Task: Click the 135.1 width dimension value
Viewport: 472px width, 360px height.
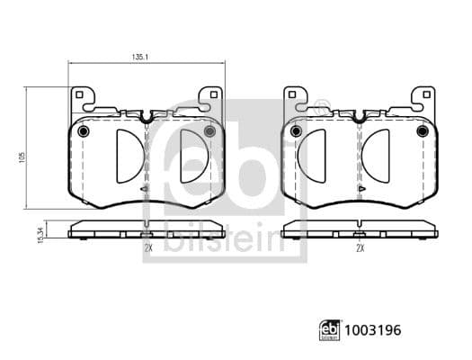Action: click(139, 56)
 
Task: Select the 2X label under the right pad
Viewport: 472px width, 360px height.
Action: click(360, 247)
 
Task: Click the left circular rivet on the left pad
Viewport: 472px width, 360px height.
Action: click(85, 132)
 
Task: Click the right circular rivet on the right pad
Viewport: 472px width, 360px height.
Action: click(422, 132)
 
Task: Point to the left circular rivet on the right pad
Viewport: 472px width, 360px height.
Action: click(297, 132)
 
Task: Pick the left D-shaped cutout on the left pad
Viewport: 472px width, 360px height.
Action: click(127, 155)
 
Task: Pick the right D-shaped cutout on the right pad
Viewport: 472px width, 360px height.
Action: click(378, 155)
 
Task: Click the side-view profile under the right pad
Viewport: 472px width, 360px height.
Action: click(359, 229)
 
